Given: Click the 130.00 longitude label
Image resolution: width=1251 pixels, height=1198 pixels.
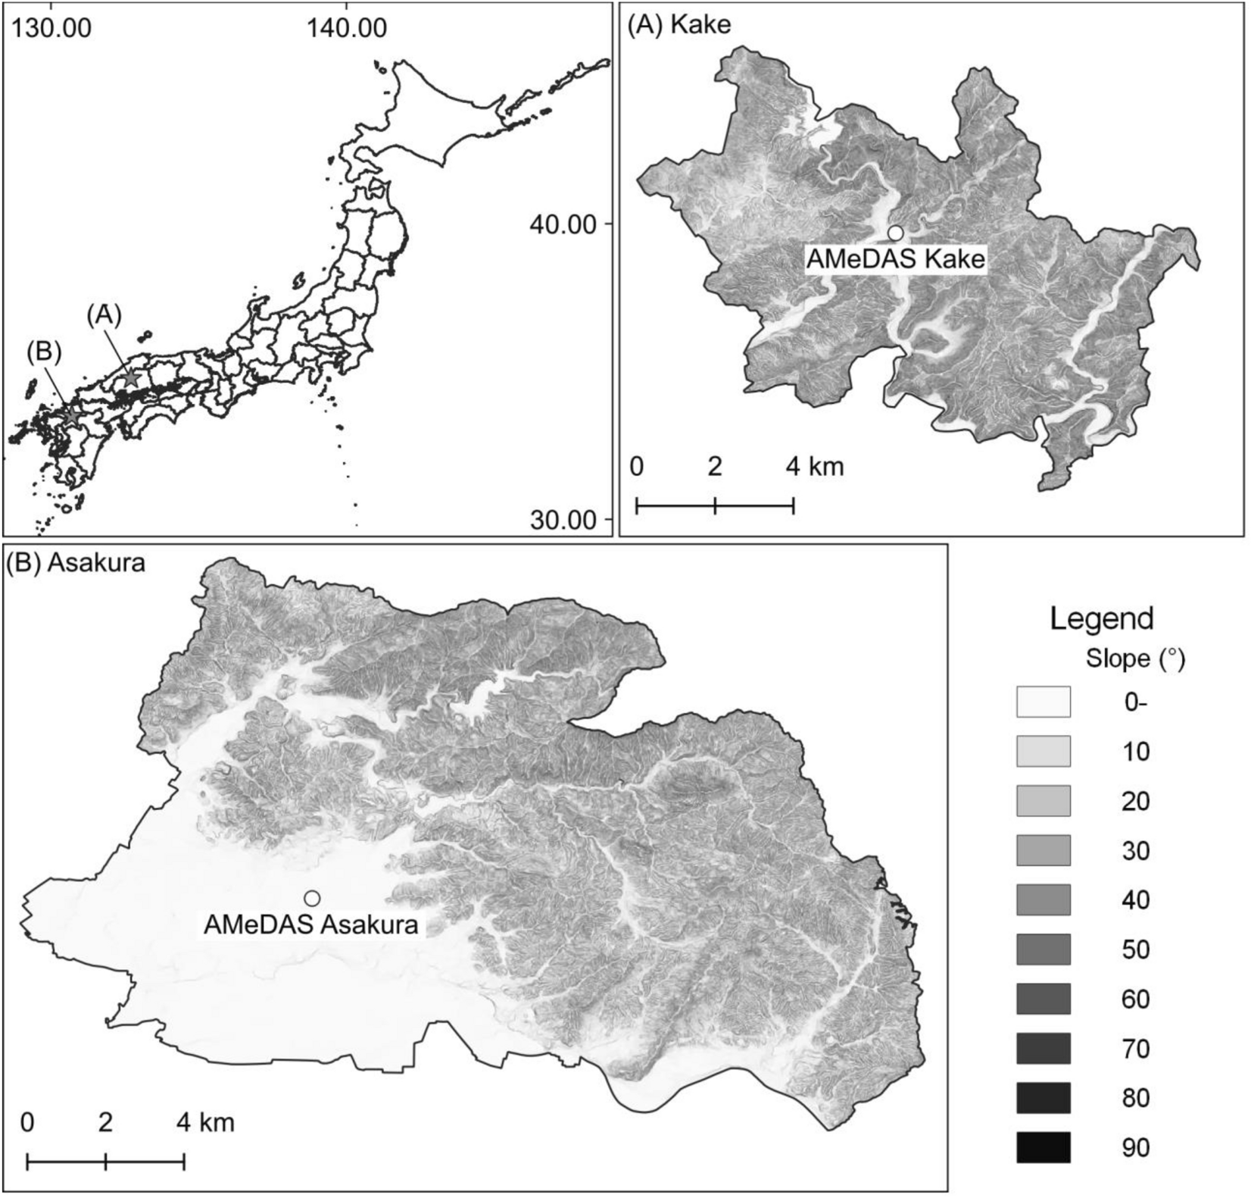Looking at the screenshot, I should tap(48, 28).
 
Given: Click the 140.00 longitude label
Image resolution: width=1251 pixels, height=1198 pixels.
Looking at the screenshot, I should tap(346, 28).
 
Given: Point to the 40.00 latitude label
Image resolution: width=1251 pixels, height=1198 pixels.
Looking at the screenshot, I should tap(561, 224).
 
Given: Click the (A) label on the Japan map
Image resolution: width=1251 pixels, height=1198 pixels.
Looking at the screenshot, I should tap(104, 314).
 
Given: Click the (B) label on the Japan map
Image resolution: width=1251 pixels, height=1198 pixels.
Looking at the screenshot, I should tap(43, 352).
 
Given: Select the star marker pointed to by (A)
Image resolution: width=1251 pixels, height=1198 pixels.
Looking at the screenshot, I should tap(132, 377).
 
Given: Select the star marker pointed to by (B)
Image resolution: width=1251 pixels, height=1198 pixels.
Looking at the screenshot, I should tap(70, 417).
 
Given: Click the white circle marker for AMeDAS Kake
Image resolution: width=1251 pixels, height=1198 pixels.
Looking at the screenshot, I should tap(896, 233).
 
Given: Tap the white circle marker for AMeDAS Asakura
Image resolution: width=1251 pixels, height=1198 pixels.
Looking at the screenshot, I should tap(312, 898).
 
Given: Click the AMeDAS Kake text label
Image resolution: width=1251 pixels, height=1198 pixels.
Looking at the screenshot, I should tap(896, 259).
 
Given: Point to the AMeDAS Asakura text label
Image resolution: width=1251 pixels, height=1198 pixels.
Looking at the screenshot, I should tap(310, 924).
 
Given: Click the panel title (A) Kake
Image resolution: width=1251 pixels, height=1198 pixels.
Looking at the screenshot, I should tap(679, 25).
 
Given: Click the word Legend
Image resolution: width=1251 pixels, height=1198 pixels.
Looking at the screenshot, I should tap(1101, 619).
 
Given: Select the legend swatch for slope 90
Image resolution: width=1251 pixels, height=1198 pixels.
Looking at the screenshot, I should tap(1044, 1147).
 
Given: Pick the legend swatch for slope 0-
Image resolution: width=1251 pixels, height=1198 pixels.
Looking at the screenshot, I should tap(1044, 702).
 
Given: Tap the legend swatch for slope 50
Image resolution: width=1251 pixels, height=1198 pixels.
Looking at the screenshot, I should tap(1044, 949).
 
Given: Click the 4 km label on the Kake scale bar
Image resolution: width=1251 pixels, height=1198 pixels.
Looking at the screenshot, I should tap(815, 466).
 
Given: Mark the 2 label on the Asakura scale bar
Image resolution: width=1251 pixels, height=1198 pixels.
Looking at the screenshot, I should tap(105, 1121).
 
